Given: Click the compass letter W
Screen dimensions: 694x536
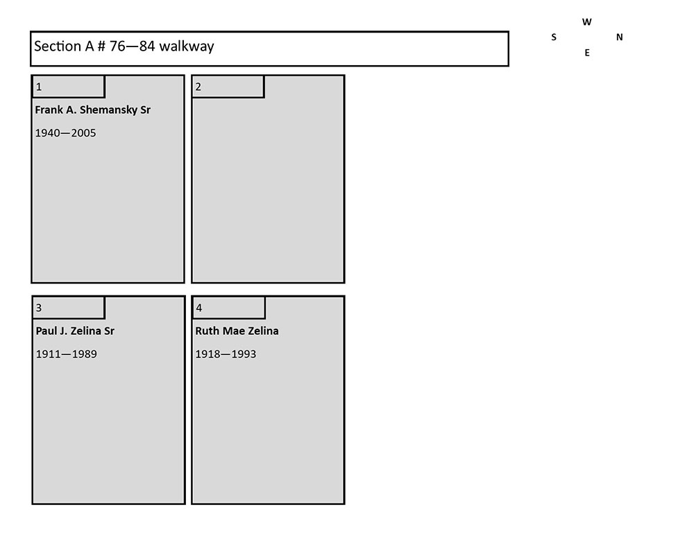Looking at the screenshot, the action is pos(587,22).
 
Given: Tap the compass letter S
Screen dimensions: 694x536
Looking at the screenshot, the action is pos(554,37).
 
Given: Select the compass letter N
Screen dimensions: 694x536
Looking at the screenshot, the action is pos(619,37).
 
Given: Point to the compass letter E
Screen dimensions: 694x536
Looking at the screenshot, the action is pos(587,53).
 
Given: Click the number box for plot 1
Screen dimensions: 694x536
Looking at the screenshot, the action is pos(69,86).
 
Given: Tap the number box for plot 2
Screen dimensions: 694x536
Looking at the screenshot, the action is pos(228,86).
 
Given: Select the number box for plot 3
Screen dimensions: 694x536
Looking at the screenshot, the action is pos(69,307).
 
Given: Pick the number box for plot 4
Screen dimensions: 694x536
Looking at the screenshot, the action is pos(228,307).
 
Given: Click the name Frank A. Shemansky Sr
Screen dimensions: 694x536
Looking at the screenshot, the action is pos(92,110).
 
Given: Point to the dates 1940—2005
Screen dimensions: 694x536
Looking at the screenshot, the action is pos(65,133).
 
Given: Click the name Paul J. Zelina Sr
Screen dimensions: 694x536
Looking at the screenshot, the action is pos(75,331).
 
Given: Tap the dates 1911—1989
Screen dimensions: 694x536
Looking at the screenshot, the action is pos(67,354).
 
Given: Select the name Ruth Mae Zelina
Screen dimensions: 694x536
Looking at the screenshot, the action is pos(237,331).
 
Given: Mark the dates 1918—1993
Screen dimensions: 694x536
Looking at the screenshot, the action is pos(226,354).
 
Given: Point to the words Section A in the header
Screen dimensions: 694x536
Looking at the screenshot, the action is pos(64,46).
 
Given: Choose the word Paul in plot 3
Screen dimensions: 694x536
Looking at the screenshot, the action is pos(46,331).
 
